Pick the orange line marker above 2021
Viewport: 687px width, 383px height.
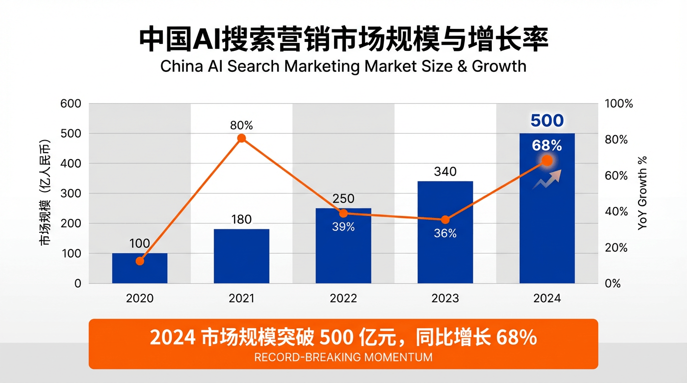point(242,138)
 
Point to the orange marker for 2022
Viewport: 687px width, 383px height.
point(343,213)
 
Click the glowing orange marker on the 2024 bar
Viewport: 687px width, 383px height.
point(547,161)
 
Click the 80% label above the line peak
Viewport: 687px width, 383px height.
point(241,124)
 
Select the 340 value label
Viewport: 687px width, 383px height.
point(445,172)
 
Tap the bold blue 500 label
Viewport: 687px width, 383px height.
point(547,121)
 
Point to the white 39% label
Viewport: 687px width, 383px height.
point(343,227)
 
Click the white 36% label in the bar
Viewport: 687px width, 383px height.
point(445,233)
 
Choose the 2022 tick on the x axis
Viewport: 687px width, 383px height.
point(343,298)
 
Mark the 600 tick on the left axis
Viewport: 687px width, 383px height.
point(70,104)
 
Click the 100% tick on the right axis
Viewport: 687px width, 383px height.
point(619,104)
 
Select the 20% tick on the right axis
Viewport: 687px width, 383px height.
point(616,248)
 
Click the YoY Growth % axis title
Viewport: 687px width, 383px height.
point(643,193)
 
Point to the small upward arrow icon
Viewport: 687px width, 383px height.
point(547,179)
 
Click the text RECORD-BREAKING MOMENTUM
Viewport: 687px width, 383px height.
point(343,357)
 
